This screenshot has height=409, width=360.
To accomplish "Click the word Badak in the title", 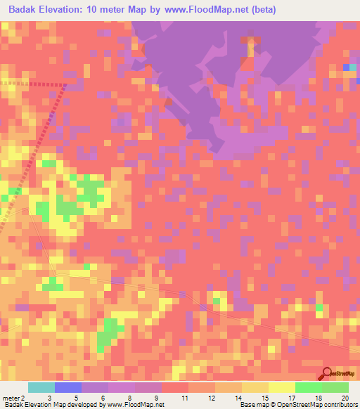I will pos(26,10).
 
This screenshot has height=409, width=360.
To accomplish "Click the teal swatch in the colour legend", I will pos(41,387).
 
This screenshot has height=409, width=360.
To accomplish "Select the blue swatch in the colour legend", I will pos(68,387).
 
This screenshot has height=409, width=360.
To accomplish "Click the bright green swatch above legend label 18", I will pos(308,387).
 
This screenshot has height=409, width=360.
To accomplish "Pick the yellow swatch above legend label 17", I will pos(281,387).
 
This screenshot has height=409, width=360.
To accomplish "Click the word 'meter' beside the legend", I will pos(12,398).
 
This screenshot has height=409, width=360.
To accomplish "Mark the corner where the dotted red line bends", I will pos(65,85).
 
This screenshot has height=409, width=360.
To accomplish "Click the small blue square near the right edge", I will pos(347,67).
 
